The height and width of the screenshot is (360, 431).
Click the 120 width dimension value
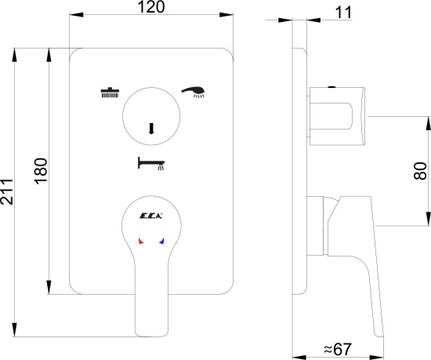pos(151,7)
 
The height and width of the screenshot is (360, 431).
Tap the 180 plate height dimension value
pos(41,171)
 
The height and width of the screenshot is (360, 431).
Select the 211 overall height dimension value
pos(6,191)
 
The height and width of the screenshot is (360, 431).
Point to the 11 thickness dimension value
pos(343,13)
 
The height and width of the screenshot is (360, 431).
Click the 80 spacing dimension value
pos(421,171)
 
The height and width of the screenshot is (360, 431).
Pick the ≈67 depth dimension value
pos(338,349)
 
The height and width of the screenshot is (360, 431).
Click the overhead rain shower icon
pos(110,93)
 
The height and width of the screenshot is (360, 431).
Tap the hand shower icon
pos(193,92)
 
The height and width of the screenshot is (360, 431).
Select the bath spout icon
pos(151,163)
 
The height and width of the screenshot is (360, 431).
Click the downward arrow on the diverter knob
pos(151,129)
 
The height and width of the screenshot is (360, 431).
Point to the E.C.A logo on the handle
pos(151,216)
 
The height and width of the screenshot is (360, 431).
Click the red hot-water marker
pos(141,241)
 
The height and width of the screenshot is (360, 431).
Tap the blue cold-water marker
pos(161,241)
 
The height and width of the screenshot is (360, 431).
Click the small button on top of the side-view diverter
pos(332,87)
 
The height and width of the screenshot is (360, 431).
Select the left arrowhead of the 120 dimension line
pos(77,15)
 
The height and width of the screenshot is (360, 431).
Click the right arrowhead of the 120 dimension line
pos(226,15)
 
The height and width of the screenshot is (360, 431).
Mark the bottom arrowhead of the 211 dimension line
pos(15,329)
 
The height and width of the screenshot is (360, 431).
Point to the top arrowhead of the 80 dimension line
pos(428,123)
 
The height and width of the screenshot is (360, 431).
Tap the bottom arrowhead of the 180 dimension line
pos(49,287)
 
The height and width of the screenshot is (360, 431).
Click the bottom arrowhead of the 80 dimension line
pos(428,219)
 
